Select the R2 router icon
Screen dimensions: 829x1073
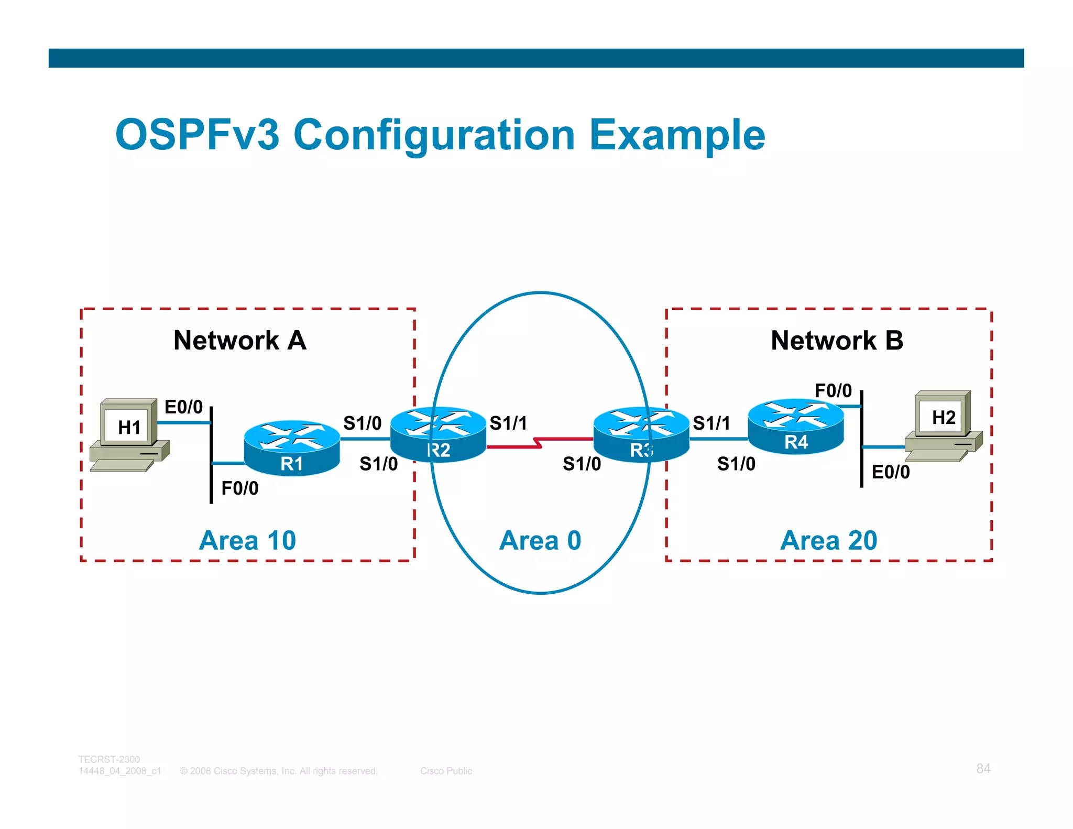tap(439, 434)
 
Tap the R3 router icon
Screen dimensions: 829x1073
tap(641, 434)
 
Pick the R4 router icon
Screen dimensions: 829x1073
tap(796, 426)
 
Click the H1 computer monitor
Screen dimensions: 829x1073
tap(129, 423)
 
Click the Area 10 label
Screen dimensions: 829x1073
tap(247, 540)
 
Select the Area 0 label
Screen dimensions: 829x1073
tap(540, 540)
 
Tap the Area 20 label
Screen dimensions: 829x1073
tap(828, 540)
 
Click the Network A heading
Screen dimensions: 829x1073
tap(239, 340)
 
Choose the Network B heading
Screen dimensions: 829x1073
tap(837, 340)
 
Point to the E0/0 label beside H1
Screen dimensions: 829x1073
tap(183, 407)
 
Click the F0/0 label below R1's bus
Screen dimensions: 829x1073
tap(240, 488)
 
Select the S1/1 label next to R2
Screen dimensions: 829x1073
tap(508, 423)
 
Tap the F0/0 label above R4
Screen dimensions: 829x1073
tap(833, 390)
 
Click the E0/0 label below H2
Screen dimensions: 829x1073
tap(891, 472)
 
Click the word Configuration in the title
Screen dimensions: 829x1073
tap(434, 135)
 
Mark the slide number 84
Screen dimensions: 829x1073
tap(983, 768)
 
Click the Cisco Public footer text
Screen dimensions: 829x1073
tap(446, 771)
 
